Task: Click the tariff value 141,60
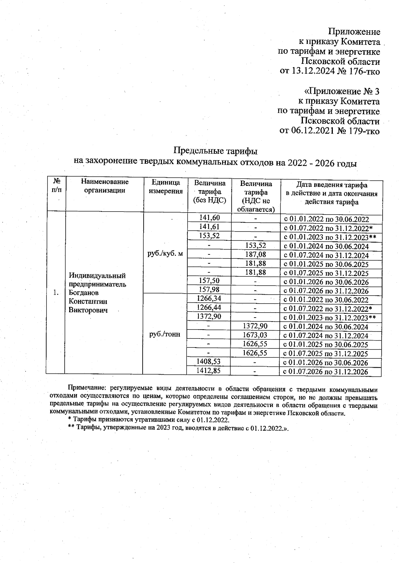pos(209,218)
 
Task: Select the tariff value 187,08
pos(256,255)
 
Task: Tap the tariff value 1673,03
pos(255,335)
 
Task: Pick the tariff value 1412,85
pos(209,370)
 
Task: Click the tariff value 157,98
pos(209,290)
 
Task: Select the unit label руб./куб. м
pos(165,254)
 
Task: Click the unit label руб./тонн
pos(165,334)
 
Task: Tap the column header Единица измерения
pos(166,187)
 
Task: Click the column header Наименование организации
pos(105,186)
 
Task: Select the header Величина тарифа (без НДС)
pos(209,192)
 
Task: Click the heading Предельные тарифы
pos(215,151)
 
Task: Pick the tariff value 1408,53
pos(209,361)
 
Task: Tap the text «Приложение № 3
pos(342,91)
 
